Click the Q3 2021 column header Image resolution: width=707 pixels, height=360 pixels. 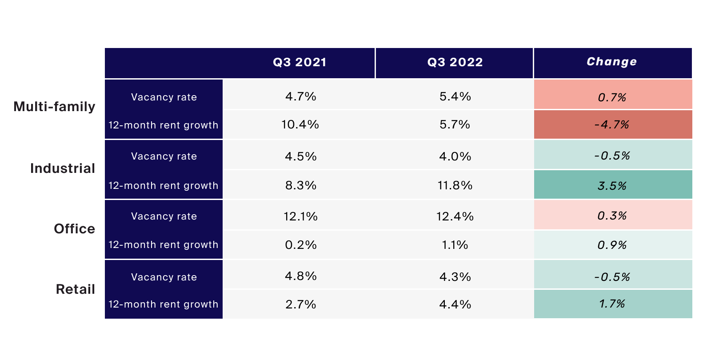click(300, 62)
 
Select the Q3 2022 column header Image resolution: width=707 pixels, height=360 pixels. click(455, 62)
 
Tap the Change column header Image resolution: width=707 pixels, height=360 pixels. click(612, 62)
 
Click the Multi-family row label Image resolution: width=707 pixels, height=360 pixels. click(55, 107)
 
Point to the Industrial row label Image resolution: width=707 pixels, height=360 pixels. click(63, 168)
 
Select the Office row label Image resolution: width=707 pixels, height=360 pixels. click(75, 229)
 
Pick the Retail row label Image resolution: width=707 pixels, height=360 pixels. click(76, 289)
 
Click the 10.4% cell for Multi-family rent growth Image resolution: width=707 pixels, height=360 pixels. click(300, 124)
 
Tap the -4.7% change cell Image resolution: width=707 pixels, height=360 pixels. click(612, 124)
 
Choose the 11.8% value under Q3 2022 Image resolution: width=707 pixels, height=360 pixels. click(455, 185)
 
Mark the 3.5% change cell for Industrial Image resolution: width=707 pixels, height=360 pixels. click(612, 185)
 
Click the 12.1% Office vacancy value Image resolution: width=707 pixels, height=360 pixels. click(300, 216)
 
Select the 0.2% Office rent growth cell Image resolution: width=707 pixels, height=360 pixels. click(300, 245)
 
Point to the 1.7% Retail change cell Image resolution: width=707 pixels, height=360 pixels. click(612, 304)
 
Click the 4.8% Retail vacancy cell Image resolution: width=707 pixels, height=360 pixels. click(300, 276)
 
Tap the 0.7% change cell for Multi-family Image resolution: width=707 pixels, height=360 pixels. click(612, 97)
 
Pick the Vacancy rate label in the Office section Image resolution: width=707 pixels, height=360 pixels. click(164, 216)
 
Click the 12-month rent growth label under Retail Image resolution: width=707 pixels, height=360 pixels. click(164, 304)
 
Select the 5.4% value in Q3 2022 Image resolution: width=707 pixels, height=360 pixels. click(455, 96)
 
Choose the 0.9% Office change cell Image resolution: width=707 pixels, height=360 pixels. click(612, 245)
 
